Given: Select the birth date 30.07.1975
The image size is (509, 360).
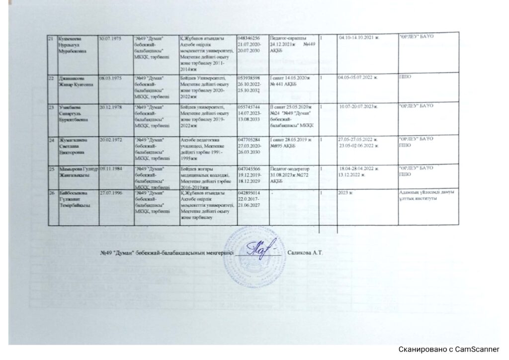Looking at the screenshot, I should click(x=109, y=39).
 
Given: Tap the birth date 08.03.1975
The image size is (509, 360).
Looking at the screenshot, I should click(x=109, y=78).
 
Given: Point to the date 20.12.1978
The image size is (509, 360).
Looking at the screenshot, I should click(x=109, y=107).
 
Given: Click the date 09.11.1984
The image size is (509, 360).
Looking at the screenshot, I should click(x=109, y=170).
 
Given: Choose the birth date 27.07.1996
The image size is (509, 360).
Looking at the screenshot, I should click(x=109, y=193).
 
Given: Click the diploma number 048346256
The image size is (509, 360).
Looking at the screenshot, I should click(x=249, y=39).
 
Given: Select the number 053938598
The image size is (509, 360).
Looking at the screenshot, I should click(x=249, y=78).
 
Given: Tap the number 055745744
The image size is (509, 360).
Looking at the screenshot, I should click(x=249, y=107).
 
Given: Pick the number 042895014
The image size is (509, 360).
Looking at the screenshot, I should click(x=249, y=193).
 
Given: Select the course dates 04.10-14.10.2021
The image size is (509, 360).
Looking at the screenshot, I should click(x=358, y=39).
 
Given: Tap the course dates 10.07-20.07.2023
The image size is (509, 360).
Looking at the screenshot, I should click(x=358, y=107).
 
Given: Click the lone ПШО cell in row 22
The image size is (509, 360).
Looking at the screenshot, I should click(x=406, y=78).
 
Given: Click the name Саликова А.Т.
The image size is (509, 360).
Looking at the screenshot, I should click(x=305, y=253).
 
